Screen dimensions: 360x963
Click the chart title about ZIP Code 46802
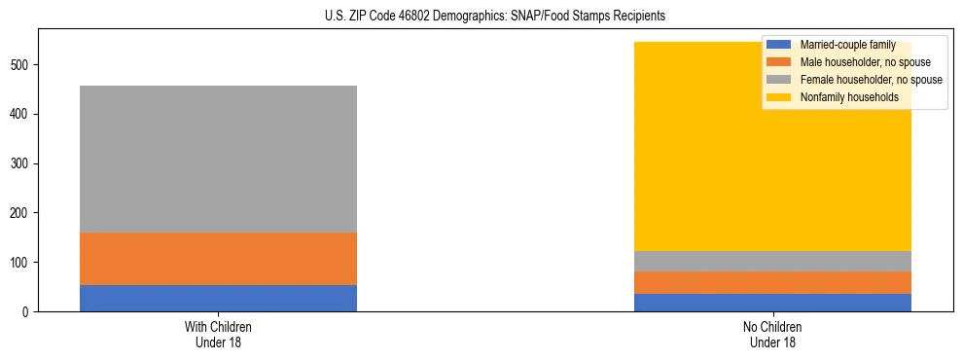[x=481, y=17]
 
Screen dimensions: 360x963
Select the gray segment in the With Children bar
[x=218, y=160]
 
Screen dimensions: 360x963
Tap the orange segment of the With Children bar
[x=218, y=259]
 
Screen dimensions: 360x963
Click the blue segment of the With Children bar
[x=218, y=298]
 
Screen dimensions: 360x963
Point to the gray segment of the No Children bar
[x=772, y=261]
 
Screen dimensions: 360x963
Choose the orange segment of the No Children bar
[x=772, y=282]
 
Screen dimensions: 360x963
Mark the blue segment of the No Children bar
[x=772, y=302]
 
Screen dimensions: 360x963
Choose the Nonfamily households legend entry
[x=842, y=97]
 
